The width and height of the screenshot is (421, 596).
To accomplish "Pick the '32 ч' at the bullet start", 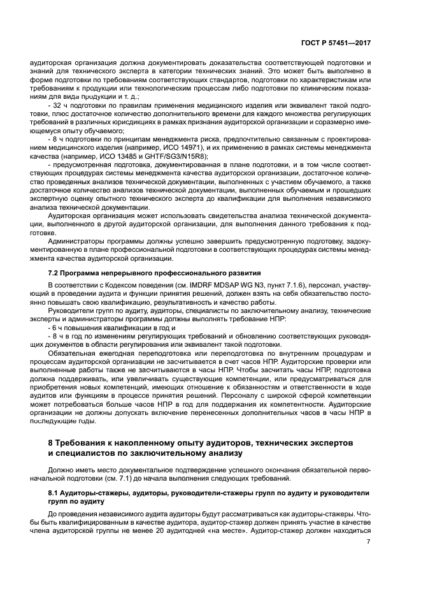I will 58,104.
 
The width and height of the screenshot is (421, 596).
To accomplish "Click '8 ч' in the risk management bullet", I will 56,137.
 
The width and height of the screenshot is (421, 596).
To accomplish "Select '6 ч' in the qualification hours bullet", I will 56,327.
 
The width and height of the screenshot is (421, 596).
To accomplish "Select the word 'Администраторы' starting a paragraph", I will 76,242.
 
